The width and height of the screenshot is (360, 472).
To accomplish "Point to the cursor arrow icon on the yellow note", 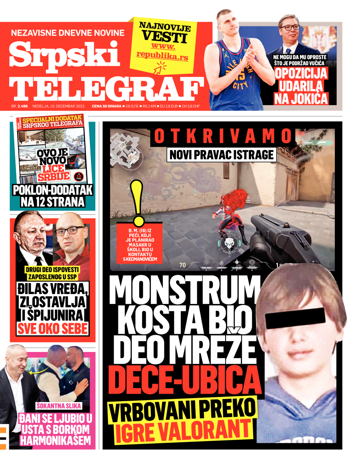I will (x=162, y=68).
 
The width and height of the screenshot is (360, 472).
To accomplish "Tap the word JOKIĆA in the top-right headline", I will (x=301, y=98).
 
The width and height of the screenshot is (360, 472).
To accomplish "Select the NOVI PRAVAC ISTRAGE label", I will (x=222, y=154).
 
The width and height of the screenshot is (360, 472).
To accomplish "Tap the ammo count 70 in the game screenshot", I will (x=182, y=265).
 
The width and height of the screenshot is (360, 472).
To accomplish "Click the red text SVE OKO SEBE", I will (x=52, y=329).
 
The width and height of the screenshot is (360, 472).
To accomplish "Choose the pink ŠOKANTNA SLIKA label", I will (x=59, y=406).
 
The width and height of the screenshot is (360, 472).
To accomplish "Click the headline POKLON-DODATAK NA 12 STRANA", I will (x=52, y=196).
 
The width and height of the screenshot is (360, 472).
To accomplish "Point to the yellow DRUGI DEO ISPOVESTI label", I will (x=51, y=273).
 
